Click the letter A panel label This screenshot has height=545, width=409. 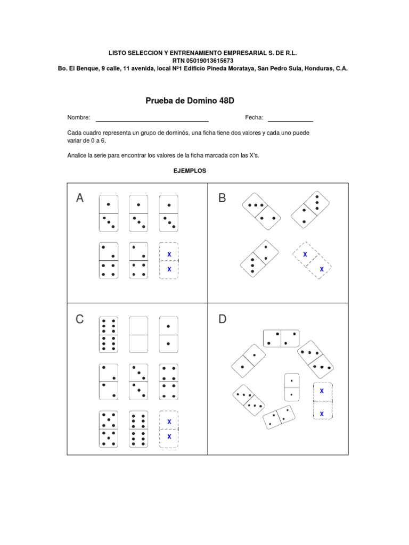(x=80, y=199)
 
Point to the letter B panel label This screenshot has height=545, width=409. (x=222, y=199)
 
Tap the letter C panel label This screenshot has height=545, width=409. (x=80, y=319)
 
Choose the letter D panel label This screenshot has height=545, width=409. (x=222, y=319)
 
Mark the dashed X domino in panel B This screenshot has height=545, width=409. (x=312, y=262)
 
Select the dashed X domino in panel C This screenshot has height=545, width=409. (x=169, y=429)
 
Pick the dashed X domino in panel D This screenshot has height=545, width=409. (x=322, y=400)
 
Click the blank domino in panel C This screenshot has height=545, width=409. (x=138, y=335)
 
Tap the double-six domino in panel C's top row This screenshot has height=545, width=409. (x=108, y=335)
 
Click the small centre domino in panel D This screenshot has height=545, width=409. (x=292, y=387)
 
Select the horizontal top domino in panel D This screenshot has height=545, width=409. (x=281, y=338)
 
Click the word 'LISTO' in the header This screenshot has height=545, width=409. (x=119, y=53)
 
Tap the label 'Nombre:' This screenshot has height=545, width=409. (x=78, y=118)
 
